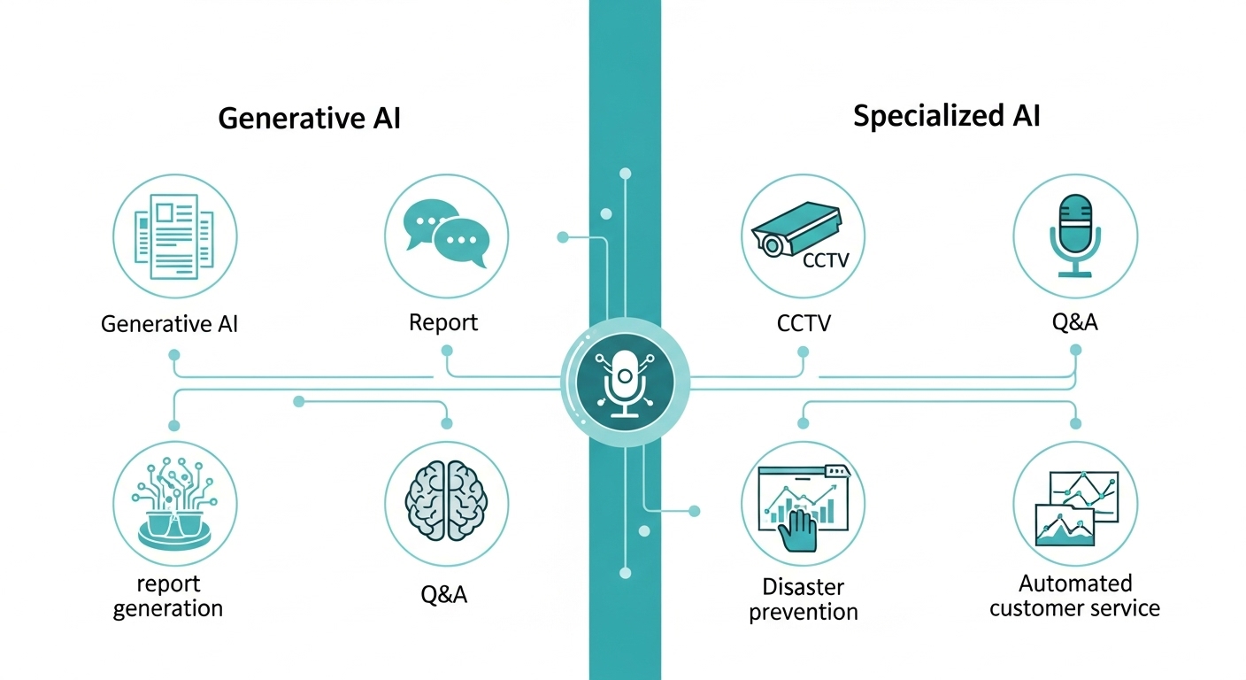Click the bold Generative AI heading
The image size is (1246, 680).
pos(309,119)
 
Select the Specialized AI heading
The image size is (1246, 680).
pos(946,116)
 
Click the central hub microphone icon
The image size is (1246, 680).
pos(625,382)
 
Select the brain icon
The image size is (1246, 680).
pos(447,500)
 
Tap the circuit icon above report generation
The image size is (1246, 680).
pos(175,500)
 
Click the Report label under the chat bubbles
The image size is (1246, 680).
pos(443,322)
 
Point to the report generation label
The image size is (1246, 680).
pos(168,597)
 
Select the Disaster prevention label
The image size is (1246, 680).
pos(804,599)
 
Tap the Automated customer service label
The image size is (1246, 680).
pos(1074,596)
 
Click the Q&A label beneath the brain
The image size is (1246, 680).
pos(444,594)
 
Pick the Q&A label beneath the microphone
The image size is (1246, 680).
pos(1074,321)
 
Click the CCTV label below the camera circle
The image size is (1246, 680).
pos(804,323)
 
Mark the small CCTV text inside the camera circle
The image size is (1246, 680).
pos(825,260)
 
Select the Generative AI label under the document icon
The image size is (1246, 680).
pos(170,323)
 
